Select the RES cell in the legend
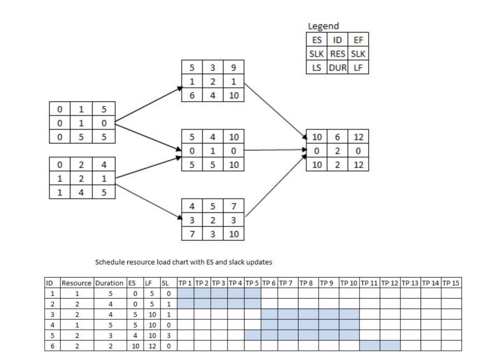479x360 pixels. [x=337, y=53]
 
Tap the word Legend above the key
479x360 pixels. [x=323, y=26]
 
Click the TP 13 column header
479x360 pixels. [x=410, y=283]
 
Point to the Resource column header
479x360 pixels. [x=77, y=283]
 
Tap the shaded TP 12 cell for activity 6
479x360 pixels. [x=390, y=345]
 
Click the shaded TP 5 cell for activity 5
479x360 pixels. [x=252, y=335]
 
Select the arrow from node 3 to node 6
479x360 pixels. [x=274, y=110]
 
